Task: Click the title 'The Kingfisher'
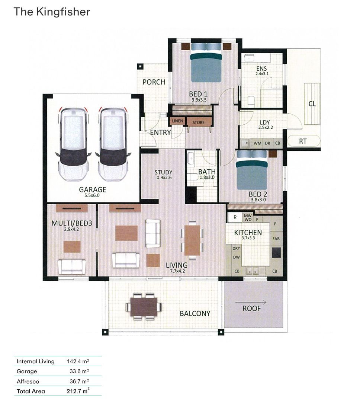pos(52,12)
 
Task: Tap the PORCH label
pos(154,82)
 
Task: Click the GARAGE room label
pos(93,189)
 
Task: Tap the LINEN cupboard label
pos(177,121)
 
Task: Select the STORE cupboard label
pos(198,122)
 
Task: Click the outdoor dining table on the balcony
pos(144,306)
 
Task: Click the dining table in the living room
pos(192,240)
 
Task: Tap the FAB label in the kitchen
pos(276,238)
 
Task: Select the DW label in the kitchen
pos(236,257)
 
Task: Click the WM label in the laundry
pos(257,143)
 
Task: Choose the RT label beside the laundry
pos(303,141)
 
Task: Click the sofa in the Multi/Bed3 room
pos(72,267)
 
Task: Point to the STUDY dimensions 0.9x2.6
pos(163,178)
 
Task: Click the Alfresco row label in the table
pos(28,381)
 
